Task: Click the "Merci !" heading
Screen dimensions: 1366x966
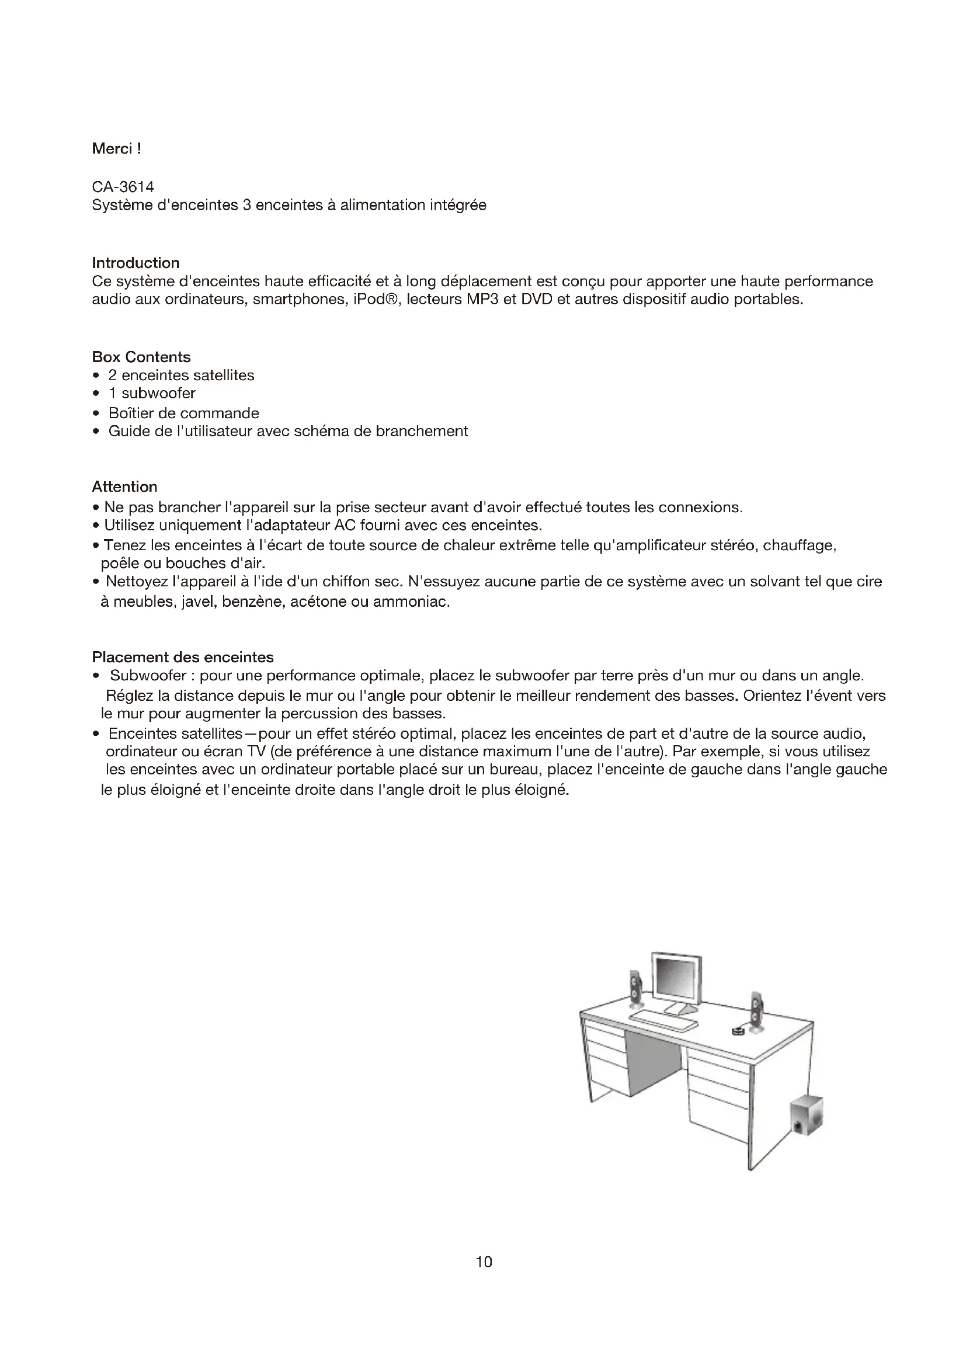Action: [x=117, y=149]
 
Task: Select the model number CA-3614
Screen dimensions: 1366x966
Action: [x=123, y=187]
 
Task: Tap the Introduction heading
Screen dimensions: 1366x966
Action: [x=135, y=263]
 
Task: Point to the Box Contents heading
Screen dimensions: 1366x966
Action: [x=141, y=357]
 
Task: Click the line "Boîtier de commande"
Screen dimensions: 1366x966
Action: [x=183, y=413]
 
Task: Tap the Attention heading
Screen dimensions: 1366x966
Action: [x=124, y=486]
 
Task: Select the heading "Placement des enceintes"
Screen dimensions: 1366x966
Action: [x=183, y=658]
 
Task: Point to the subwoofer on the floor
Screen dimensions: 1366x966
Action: [x=807, y=1116]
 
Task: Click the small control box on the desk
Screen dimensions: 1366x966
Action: [x=738, y=1031]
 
